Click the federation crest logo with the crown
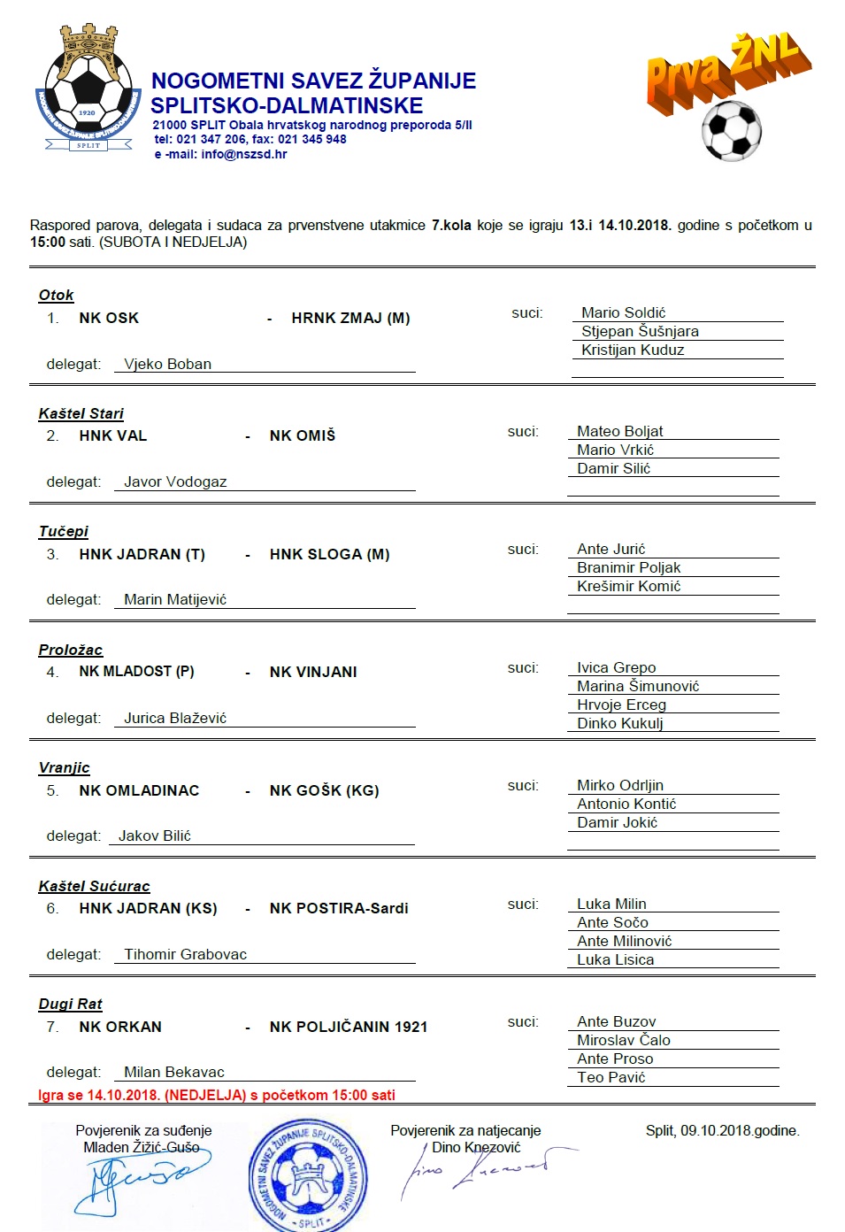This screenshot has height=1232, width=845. (88, 89)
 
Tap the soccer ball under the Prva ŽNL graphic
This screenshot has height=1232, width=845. (731, 130)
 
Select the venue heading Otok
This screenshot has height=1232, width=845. (56, 295)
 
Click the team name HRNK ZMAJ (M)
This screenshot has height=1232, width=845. (350, 318)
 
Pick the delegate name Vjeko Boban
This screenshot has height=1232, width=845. (167, 364)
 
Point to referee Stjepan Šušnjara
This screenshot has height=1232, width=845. (640, 331)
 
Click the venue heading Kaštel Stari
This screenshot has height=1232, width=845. (81, 413)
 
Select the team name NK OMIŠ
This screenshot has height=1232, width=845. (303, 435)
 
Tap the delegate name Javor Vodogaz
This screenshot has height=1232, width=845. (175, 481)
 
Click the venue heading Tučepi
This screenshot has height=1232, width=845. (63, 531)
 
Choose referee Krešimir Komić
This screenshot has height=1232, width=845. (628, 586)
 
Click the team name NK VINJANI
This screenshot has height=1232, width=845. (313, 672)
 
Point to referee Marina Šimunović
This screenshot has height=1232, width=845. (638, 686)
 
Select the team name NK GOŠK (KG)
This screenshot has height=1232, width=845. (324, 790)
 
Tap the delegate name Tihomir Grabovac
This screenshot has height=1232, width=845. (185, 954)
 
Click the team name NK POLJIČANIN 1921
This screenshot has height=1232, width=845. (349, 1027)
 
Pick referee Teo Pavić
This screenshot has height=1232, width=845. (611, 1077)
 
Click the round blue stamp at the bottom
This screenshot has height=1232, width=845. (308, 1177)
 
